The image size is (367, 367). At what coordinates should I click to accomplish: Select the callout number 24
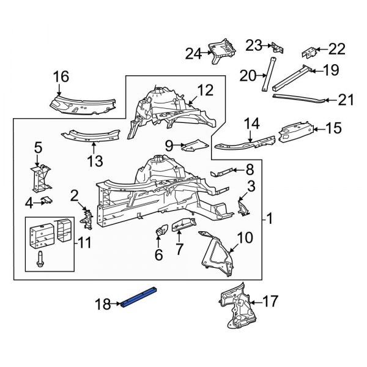pyautogui.click(x=193, y=54)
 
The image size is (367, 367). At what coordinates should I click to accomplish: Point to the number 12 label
pyautogui.click(x=206, y=91)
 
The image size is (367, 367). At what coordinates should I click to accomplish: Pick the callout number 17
pyautogui.click(x=270, y=301)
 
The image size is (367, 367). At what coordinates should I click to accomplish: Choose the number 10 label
pyautogui.click(x=244, y=237)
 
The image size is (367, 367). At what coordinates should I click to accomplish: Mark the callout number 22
pyautogui.click(x=337, y=49)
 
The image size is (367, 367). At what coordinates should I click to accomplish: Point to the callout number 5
pyautogui.click(x=38, y=147)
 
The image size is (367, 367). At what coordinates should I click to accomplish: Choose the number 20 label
pyautogui.click(x=247, y=76)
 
